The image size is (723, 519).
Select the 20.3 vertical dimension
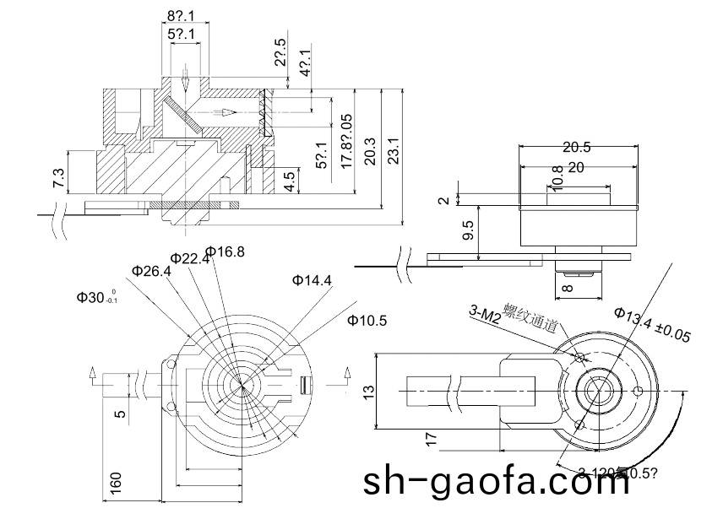point(369,151)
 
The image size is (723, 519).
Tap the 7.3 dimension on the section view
point(57,178)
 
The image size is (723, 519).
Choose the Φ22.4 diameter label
point(188,258)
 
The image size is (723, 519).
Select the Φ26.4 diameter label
point(151,271)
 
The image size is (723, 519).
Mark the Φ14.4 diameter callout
point(312,279)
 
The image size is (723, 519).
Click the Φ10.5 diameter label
point(367,320)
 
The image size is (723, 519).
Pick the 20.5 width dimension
point(577,147)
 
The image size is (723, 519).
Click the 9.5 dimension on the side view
point(468,230)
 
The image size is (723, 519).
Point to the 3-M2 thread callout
point(485,315)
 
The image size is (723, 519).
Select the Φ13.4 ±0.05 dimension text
point(652,325)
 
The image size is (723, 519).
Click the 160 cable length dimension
point(116,482)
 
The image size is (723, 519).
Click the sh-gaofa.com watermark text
point(497,483)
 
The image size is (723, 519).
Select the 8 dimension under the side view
point(566,287)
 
